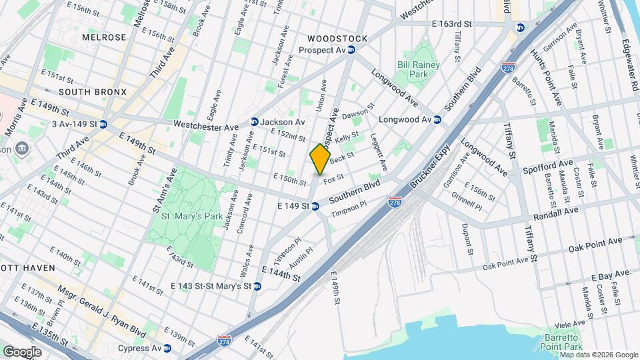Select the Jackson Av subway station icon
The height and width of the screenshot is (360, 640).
(254, 122)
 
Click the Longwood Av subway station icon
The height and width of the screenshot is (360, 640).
(437, 120)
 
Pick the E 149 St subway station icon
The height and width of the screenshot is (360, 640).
(315, 207)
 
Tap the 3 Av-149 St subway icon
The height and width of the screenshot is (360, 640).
(103, 123)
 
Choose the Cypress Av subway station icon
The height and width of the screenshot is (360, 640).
(167, 348)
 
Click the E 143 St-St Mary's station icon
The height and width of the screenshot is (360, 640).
(257, 286)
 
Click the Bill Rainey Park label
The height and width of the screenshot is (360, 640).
(421, 70)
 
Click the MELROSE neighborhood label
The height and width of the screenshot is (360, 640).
(103, 37)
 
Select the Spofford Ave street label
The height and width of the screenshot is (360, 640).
(548, 163)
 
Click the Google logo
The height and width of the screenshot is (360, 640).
(22, 351)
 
